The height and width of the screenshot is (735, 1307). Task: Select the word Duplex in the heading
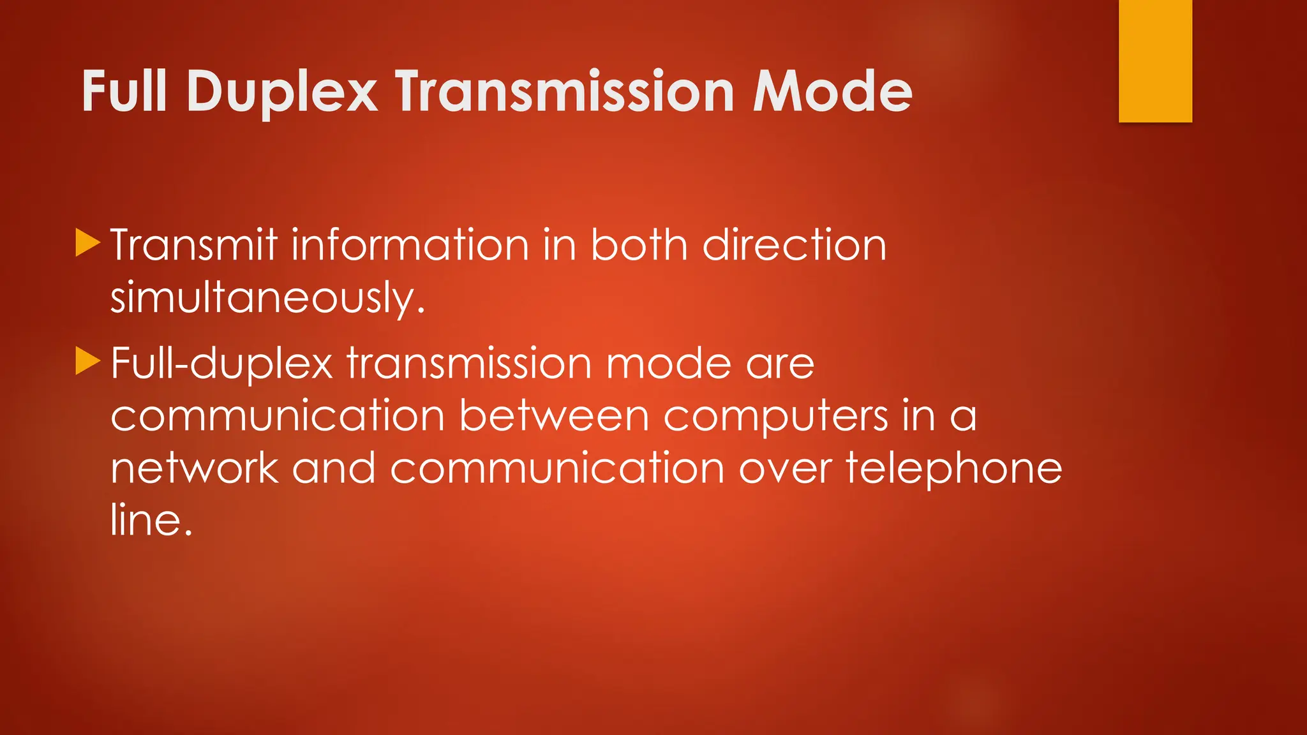pos(281,93)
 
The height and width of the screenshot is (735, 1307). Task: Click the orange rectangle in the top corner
pos(1155,61)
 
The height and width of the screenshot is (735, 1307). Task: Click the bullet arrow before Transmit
pos(87,242)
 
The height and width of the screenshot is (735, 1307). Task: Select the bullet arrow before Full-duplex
pos(87,360)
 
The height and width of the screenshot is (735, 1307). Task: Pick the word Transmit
pos(194,245)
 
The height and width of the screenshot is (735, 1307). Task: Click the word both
pos(639,245)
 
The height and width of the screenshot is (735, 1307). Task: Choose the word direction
pos(795,245)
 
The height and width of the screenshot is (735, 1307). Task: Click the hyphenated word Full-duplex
pos(221,364)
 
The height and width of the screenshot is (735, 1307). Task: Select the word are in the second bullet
pos(780,364)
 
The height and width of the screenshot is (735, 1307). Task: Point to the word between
pos(554,417)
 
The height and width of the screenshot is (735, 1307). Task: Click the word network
pos(195,469)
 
